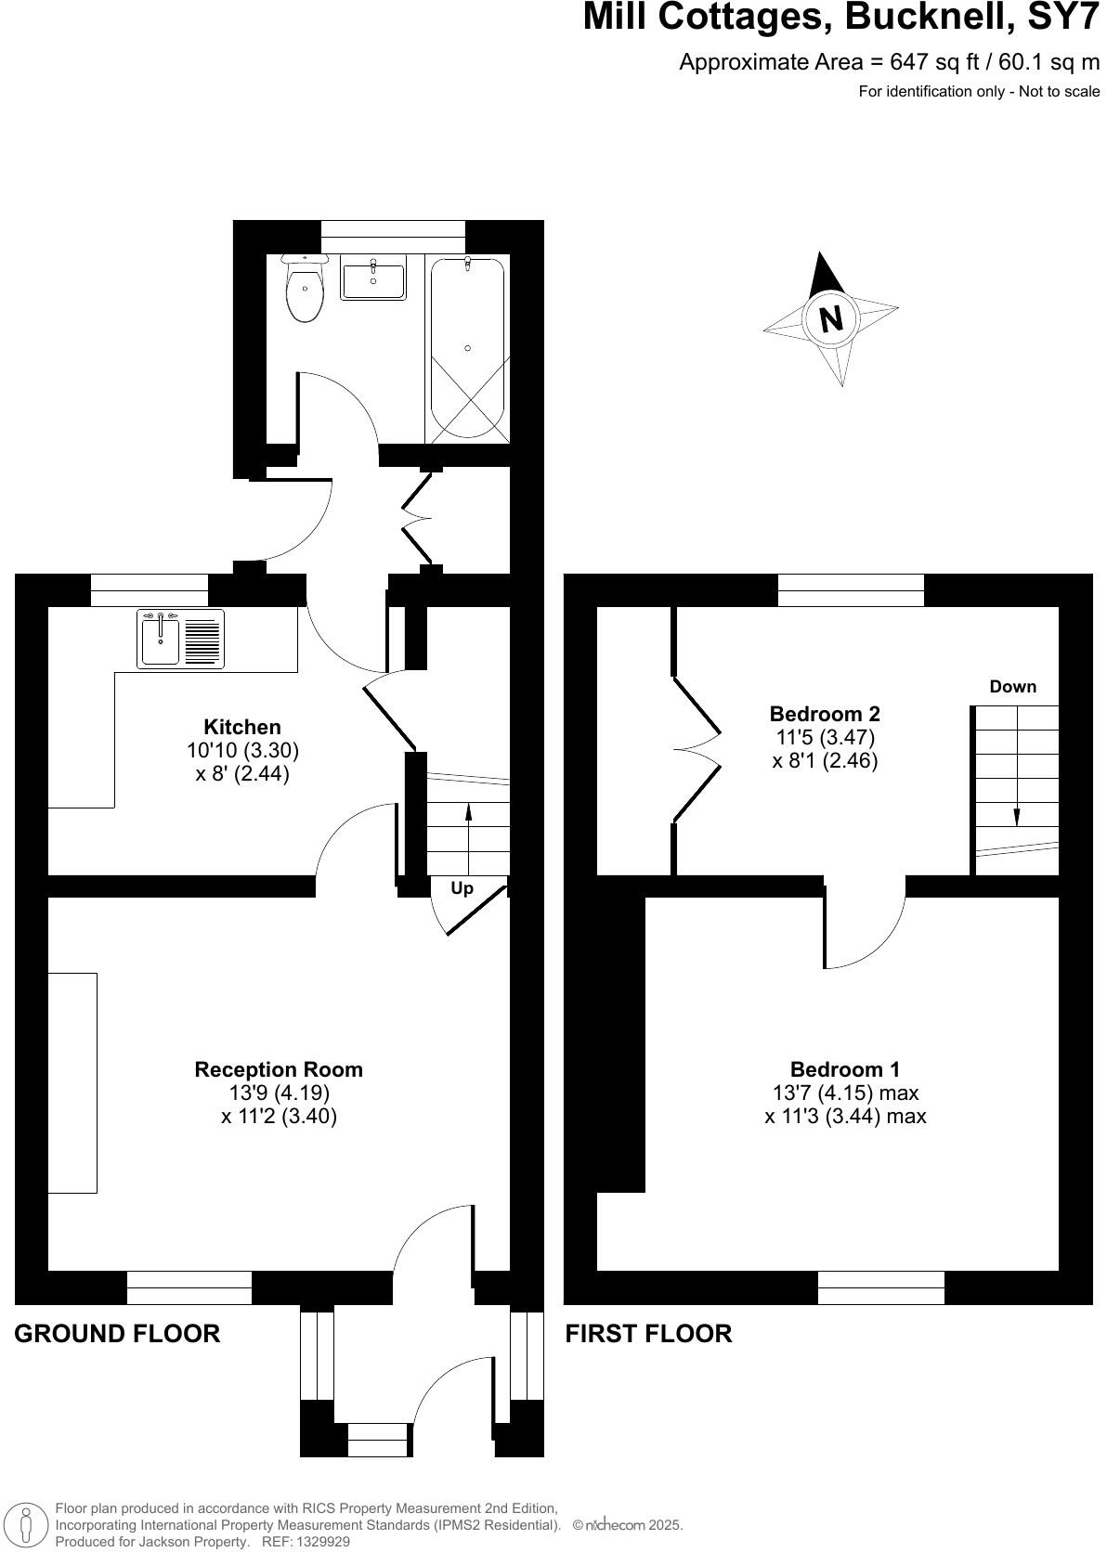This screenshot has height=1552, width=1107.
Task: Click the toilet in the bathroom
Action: pos(305,290)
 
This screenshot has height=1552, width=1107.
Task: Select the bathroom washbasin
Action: pos(373,279)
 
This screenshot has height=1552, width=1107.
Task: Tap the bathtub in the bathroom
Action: pos(467,348)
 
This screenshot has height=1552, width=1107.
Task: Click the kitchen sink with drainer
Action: pos(180,639)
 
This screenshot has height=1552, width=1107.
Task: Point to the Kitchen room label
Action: pos(242,727)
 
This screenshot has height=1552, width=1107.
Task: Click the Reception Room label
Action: pos(279,1069)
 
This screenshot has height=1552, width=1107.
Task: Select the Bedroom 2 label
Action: pos(825,714)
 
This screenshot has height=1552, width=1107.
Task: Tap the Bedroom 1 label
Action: pos(845,1069)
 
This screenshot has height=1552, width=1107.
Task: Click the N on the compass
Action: pos(831,318)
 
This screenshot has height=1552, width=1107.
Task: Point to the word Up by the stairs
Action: pos(462,888)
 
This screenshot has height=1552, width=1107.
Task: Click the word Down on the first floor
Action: pos(1012,687)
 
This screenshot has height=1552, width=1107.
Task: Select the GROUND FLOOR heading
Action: pos(117,1334)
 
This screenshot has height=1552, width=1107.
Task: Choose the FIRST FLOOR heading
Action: pos(648,1334)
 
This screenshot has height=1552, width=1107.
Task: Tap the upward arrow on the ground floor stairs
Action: pos(468,813)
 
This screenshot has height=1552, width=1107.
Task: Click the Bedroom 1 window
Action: pos(881,1287)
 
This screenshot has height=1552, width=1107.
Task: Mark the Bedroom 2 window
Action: pos(851,590)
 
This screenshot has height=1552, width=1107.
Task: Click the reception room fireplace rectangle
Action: pos(72,1082)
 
